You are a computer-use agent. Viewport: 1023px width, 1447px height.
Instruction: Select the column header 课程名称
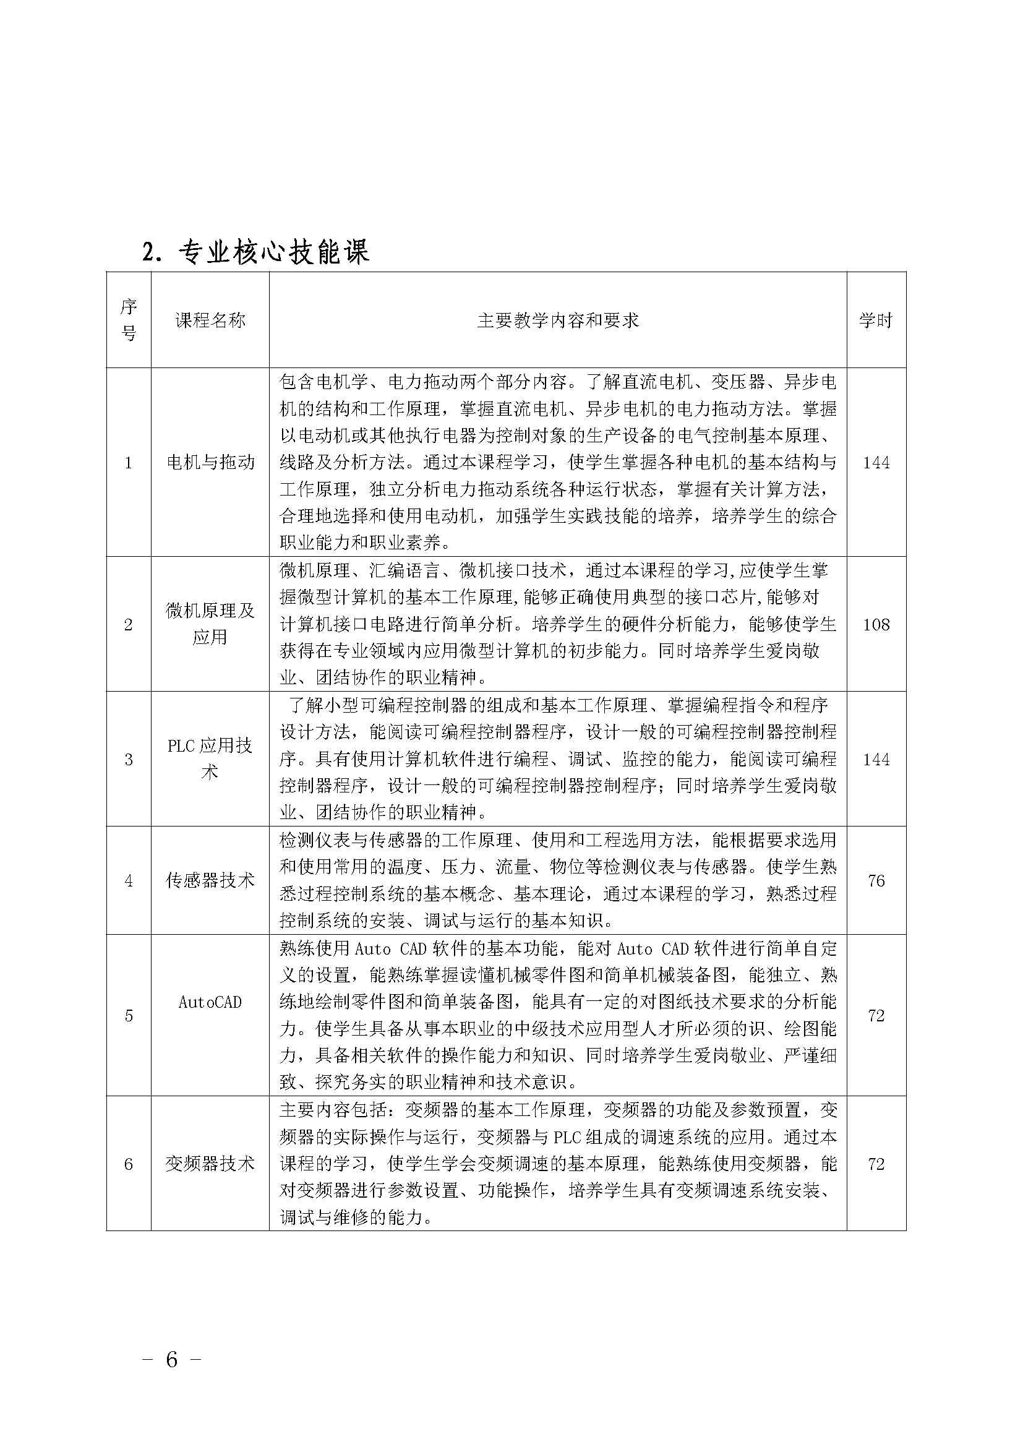point(210,320)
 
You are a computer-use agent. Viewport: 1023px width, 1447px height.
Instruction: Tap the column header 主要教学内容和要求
point(557,320)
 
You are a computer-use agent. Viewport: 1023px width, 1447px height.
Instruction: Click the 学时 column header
point(876,320)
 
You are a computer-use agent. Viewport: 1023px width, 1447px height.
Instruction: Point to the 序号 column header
point(129,320)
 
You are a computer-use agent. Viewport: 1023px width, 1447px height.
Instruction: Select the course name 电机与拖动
point(210,463)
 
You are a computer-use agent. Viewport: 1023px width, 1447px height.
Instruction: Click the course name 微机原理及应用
point(210,624)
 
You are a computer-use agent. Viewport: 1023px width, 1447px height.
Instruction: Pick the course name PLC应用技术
point(210,760)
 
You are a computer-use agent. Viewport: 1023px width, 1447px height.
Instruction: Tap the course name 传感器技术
point(210,880)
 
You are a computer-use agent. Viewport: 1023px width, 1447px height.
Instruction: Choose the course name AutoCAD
point(210,1002)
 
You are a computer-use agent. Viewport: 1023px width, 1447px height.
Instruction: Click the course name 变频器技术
point(210,1164)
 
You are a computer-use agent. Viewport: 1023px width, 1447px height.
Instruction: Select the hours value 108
point(876,625)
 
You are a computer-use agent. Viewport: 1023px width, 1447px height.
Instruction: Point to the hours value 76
point(876,880)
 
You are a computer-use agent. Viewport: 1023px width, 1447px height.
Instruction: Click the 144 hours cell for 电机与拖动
point(876,463)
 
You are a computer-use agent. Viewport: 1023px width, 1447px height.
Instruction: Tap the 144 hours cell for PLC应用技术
point(876,760)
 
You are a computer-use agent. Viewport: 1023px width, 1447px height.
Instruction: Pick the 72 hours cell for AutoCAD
point(876,1015)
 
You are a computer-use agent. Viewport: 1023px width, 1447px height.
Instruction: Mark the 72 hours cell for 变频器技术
point(876,1164)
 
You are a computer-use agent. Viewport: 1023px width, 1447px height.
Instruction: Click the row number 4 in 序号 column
point(129,880)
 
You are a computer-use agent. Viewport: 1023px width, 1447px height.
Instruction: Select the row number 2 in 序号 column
point(129,625)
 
